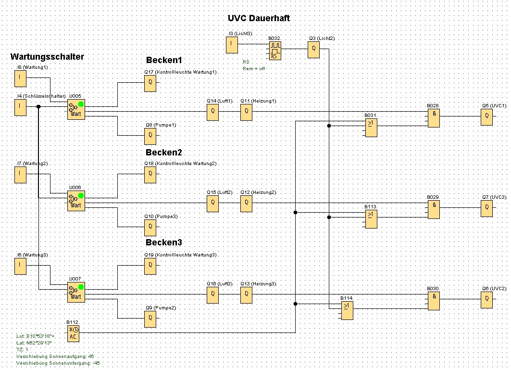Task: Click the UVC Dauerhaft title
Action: tap(259, 18)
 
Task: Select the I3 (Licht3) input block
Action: tap(232, 46)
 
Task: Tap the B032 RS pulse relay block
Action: tap(274, 51)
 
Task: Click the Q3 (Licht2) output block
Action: tap(313, 49)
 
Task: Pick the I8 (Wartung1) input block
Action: tap(20, 78)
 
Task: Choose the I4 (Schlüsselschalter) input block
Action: tap(20, 107)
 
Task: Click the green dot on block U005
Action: tap(81, 104)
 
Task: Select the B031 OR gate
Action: tap(371, 128)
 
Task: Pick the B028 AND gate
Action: tap(434, 117)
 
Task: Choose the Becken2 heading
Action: tap(164, 152)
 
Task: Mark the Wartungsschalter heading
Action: tap(47, 57)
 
